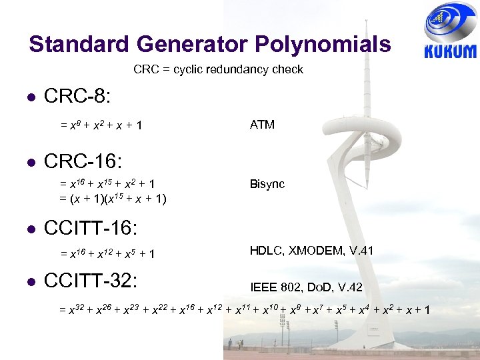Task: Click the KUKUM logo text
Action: pos(450,51)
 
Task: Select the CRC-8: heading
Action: pos(77,96)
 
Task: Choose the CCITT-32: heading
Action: pos(91,280)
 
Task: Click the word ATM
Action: pos(262,124)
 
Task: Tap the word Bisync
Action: pos(267,184)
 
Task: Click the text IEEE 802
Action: pos(275,287)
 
